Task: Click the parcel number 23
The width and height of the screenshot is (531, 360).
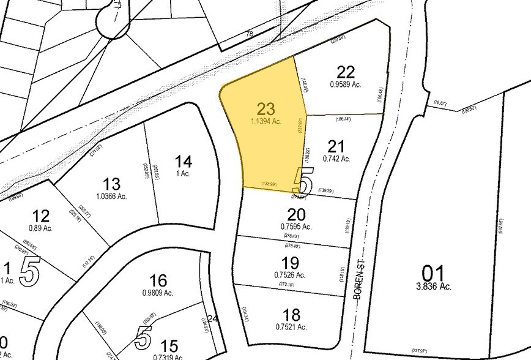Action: [265, 109]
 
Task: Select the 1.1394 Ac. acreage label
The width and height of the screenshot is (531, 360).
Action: [265, 122]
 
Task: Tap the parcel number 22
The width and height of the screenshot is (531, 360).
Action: [346, 72]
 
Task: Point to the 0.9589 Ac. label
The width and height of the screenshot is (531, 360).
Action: [346, 84]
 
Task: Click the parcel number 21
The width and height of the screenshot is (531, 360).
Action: [336, 146]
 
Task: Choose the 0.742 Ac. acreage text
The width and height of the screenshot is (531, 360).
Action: [336, 159]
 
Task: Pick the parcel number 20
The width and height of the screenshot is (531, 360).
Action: [295, 214]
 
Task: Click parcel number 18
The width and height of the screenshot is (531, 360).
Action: [292, 315]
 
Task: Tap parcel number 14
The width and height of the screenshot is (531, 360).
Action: [184, 162]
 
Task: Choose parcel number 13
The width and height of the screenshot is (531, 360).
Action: [111, 184]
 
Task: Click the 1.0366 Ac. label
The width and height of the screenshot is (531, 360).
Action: [111, 197]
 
